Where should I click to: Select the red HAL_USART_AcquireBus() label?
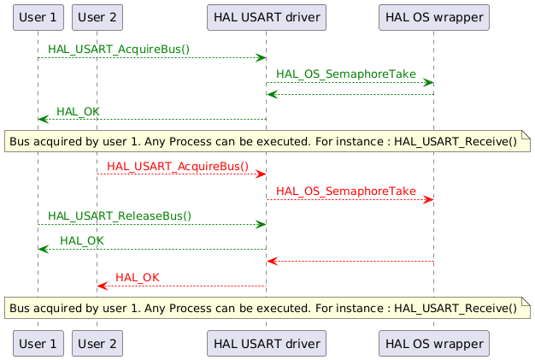point(178,166)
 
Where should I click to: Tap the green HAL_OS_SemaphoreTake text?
point(345,74)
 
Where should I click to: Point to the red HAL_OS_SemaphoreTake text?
point(345,191)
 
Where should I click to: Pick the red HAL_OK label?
point(137,278)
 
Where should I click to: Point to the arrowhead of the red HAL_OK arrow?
point(102,286)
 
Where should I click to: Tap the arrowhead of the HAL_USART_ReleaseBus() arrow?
point(260,225)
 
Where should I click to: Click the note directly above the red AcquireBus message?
point(267,141)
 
